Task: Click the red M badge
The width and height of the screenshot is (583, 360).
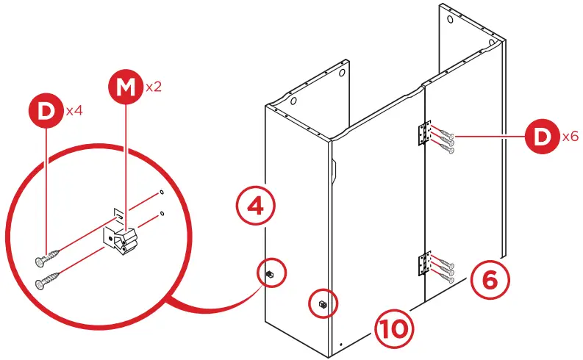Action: coord(126,88)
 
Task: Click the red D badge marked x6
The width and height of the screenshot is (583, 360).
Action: coord(543,137)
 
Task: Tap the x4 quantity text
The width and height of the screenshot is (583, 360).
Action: coord(74,112)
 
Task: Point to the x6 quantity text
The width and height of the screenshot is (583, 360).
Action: coord(570,137)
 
